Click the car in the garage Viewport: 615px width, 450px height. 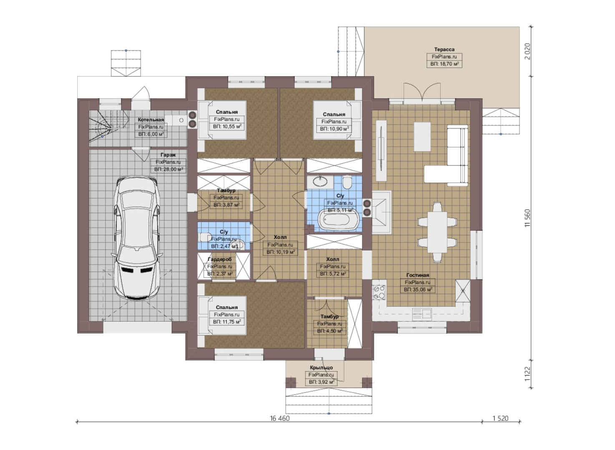coord(136,238)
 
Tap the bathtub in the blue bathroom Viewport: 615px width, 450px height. coord(338,220)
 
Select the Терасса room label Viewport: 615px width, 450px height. coord(444,49)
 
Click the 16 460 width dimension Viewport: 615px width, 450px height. coord(280,418)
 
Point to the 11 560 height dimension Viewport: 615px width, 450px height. coord(527,218)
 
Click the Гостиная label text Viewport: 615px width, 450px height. coord(417,275)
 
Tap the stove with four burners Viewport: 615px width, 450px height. coord(379,292)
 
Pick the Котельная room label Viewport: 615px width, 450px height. coord(151,120)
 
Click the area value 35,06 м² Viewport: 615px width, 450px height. coord(418,289)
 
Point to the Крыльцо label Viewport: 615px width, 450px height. coord(321,367)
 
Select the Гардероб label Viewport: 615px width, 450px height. coord(219,259)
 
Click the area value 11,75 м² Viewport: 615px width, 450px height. coord(227,322)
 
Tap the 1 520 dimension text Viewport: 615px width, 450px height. coord(500,418)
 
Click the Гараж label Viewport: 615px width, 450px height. coord(168,155)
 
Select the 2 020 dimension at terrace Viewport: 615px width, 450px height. coord(527,51)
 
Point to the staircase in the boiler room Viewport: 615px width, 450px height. coord(109,126)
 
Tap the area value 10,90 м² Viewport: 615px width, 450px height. coord(334,129)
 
